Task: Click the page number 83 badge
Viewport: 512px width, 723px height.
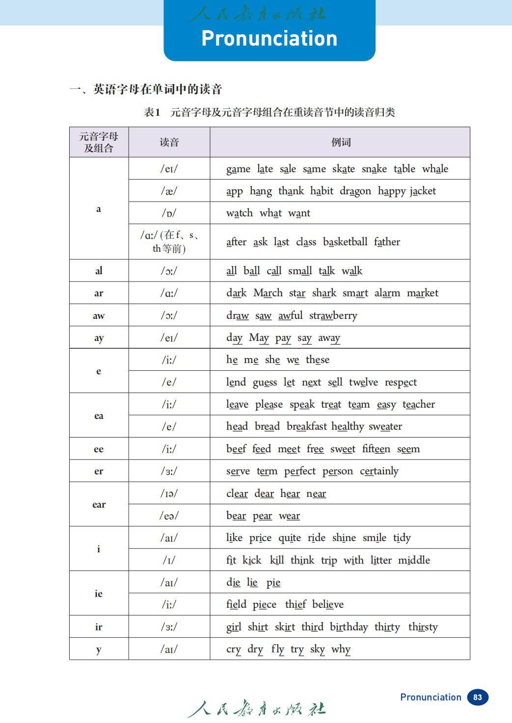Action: pos(477,697)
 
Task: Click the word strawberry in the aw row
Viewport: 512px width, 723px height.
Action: pos(333,316)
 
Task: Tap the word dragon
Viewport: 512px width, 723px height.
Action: pos(355,191)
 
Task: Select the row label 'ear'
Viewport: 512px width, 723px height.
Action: pos(99,504)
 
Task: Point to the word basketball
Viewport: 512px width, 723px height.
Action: pos(345,242)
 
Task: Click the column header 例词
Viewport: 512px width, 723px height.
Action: pos(341,142)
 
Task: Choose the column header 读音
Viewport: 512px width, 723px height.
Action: pos(169,142)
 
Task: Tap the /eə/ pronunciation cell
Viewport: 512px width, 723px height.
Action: pos(169,516)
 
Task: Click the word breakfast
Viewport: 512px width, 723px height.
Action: pos(306,427)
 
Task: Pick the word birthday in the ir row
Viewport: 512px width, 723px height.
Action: pos(349,627)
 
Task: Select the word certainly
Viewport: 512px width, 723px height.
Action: pos(379,471)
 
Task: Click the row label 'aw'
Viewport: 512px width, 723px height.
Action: pos(99,316)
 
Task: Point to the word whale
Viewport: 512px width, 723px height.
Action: pos(435,169)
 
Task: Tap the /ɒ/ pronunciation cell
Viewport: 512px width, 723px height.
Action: pos(169,213)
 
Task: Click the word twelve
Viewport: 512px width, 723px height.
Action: pos(363,383)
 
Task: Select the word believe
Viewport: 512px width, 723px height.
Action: pos(328,605)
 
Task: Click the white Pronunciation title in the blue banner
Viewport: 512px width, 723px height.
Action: pos(269,38)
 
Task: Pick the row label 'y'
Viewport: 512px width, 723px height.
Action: pos(99,649)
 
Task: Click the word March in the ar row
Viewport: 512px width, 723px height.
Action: pos(268,293)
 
